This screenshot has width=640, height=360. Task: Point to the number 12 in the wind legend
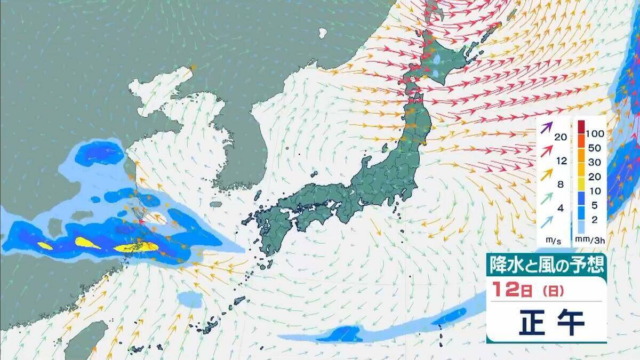[560, 161]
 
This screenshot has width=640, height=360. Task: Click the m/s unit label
[550, 242]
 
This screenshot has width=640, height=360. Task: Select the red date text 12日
[509, 292]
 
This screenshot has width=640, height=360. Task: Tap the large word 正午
[552, 322]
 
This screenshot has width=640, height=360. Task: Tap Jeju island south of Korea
[216, 204]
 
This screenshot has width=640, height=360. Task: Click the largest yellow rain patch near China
[137, 247]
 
